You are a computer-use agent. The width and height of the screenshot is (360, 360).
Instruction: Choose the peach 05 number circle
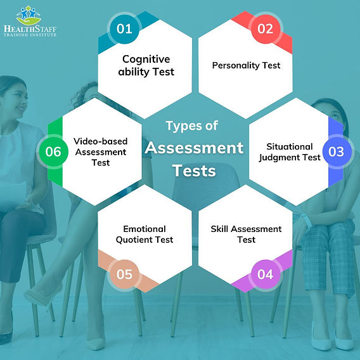pyautogui.click(x=124, y=274)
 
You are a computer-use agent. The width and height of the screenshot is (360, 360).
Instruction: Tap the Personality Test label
pyautogui.click(x=247, y=65)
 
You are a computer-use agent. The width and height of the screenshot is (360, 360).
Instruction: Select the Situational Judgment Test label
pyautogui.click(x=289, y=152)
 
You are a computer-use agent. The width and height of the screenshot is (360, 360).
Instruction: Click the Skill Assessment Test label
pyautogui.click(x=247, y=234)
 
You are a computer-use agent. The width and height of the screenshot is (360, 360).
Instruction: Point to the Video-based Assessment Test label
pyautogui.click(x=100, y=152)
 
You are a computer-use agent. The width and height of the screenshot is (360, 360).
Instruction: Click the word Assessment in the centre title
pyautogui.click(x=194, y=148)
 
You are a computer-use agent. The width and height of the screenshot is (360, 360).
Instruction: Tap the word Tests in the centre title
pyautogui.click(x=194, y=171)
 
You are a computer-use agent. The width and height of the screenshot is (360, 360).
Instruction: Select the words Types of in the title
pyautogui.click(x=192, y=125)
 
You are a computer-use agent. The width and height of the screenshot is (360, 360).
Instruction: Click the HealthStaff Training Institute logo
pyautogui.click(x=29, y=22)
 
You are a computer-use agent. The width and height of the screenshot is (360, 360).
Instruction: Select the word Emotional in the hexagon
pyautogui.click(x=145, y=229)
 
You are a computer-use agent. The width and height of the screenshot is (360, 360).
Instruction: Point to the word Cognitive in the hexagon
pyautogui.click(x=146, y=60)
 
